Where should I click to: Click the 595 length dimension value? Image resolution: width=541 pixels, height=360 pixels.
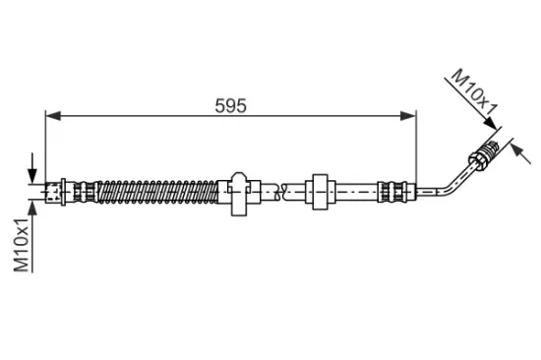(x=230, y=103)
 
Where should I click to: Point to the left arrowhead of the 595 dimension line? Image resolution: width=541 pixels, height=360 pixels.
(x=52, y=116)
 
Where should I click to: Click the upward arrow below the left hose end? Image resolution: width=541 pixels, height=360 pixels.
(x=36, y=205)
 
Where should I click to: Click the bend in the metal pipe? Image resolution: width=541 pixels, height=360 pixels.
(x=440, y=182)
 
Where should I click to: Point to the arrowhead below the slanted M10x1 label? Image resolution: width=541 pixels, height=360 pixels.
(x=492, y=125)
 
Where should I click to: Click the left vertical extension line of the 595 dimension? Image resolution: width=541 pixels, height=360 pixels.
(x=45, y=148)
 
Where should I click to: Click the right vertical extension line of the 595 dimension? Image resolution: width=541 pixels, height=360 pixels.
(x=416, y=148)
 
